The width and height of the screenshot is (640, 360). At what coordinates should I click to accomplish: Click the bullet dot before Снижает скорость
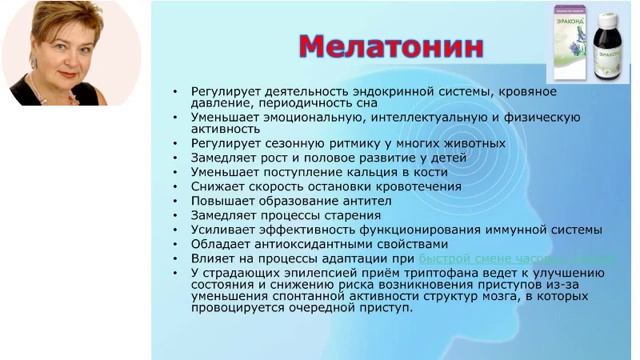tap(177, 186)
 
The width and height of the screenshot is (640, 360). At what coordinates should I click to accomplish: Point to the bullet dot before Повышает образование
tap(177, 200)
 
